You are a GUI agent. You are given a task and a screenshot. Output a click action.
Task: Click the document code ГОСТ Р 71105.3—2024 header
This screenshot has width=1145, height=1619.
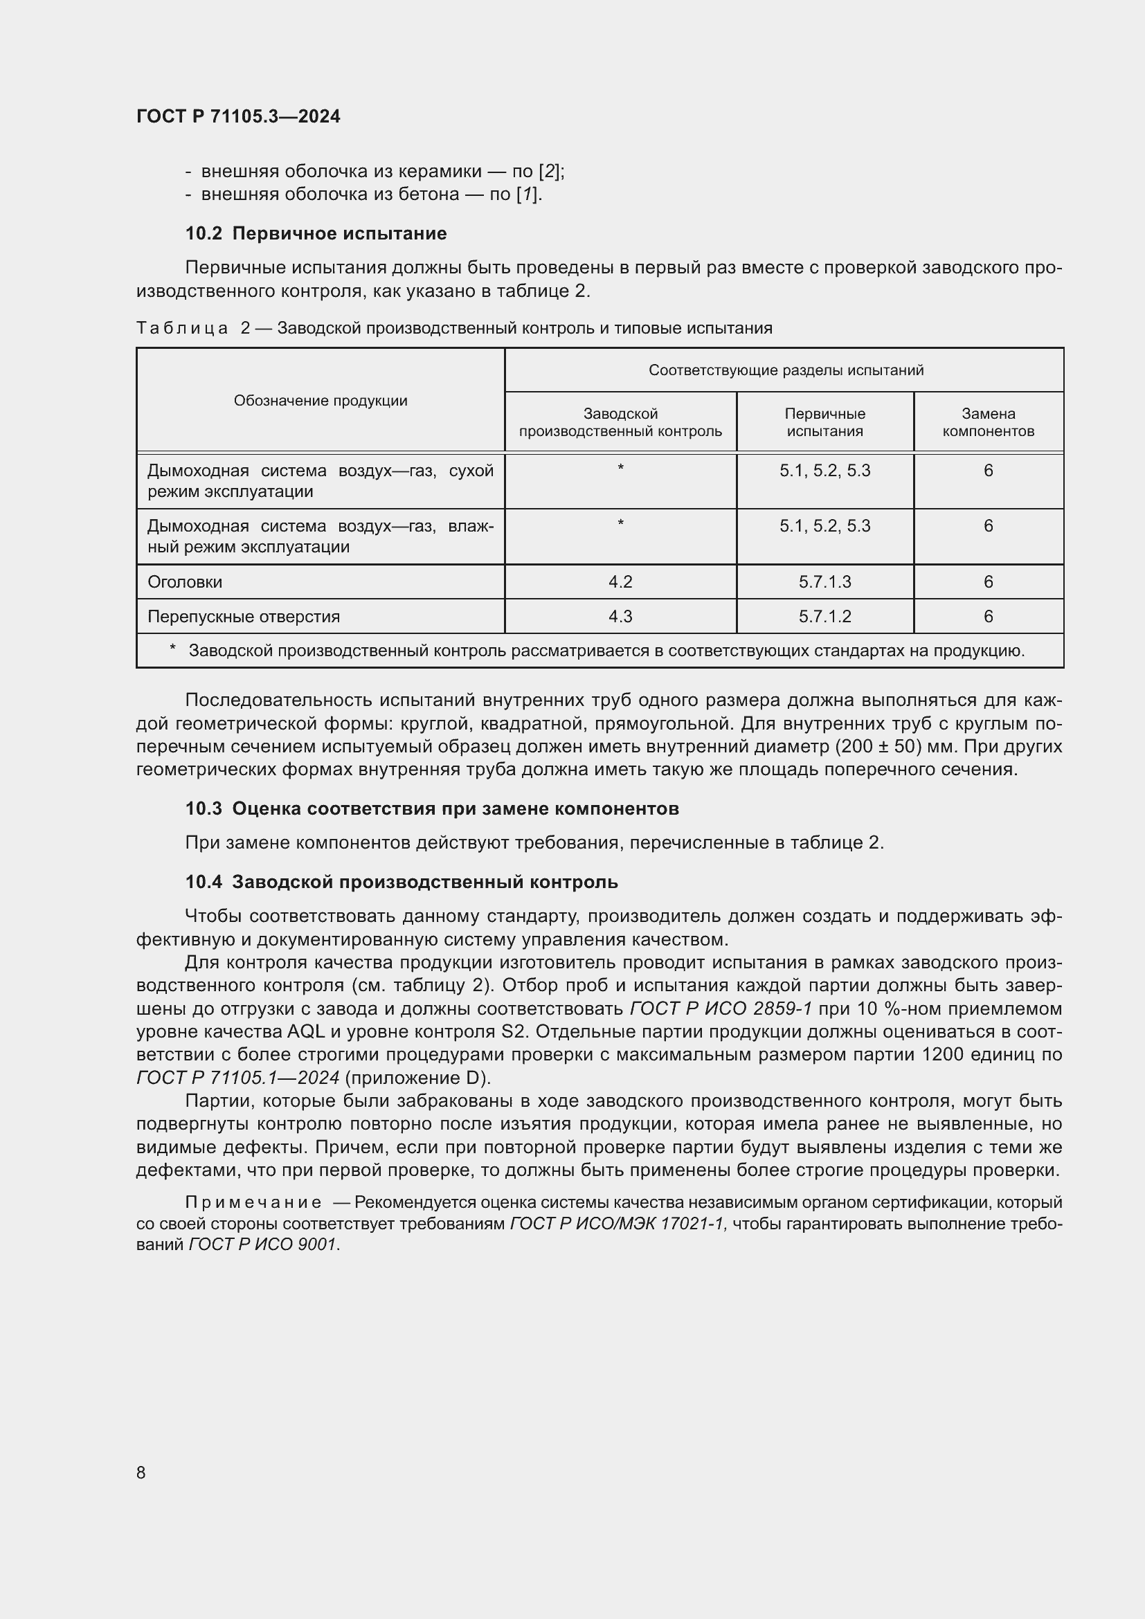click(237, 116)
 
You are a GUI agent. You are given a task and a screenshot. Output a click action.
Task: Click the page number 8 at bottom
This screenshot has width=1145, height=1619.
click(141, 1472)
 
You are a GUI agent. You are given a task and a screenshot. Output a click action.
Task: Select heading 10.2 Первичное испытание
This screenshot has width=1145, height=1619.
click(316, 233)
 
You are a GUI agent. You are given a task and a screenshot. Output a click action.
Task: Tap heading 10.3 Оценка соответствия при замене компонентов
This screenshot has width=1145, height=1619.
click(431, 808)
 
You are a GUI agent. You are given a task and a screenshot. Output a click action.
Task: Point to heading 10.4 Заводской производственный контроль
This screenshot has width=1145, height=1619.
click(402, 881)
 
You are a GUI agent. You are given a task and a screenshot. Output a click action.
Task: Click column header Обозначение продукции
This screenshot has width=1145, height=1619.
click(320, 401)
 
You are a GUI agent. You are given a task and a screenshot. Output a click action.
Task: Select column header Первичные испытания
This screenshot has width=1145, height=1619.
click(824, 422)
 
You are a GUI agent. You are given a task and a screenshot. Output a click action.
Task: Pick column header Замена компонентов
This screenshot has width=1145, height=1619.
click(988, 422)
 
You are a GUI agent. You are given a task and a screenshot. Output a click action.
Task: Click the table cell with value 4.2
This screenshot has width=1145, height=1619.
click(620, 581)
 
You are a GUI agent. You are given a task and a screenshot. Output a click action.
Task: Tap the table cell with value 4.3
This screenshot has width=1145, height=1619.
click(620, 616)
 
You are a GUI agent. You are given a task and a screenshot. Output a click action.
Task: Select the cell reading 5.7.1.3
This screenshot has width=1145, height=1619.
click(824, 581)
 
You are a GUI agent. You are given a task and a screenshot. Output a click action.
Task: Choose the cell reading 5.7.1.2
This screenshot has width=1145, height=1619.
click(824, 616)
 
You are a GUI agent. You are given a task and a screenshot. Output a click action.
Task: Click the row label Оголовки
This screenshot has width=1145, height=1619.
click(185, 581)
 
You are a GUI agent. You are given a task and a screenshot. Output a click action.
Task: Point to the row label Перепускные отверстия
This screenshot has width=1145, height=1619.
click(243, 616)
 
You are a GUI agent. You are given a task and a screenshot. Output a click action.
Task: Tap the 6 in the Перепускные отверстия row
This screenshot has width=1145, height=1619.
click(988, 616)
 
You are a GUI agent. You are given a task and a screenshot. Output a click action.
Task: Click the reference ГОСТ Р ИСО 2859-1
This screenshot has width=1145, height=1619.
click(721, 1009)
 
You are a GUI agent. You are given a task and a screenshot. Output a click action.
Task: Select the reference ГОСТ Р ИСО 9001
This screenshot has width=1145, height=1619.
click(262, 1245)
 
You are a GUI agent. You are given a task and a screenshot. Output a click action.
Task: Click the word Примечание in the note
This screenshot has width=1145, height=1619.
click(253, 1202)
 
